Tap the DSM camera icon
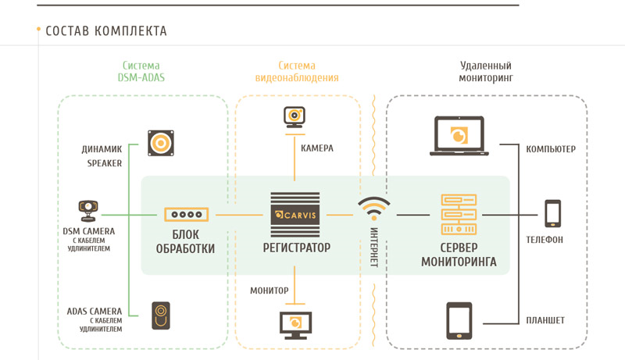87,211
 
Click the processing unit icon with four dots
186,214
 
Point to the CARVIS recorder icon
296,213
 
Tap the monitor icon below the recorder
295,322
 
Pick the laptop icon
458,136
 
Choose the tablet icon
458,320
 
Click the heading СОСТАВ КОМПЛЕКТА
106,31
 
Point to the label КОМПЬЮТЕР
551,149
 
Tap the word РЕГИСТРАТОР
296,248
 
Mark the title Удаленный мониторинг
486,72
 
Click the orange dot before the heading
38,30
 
